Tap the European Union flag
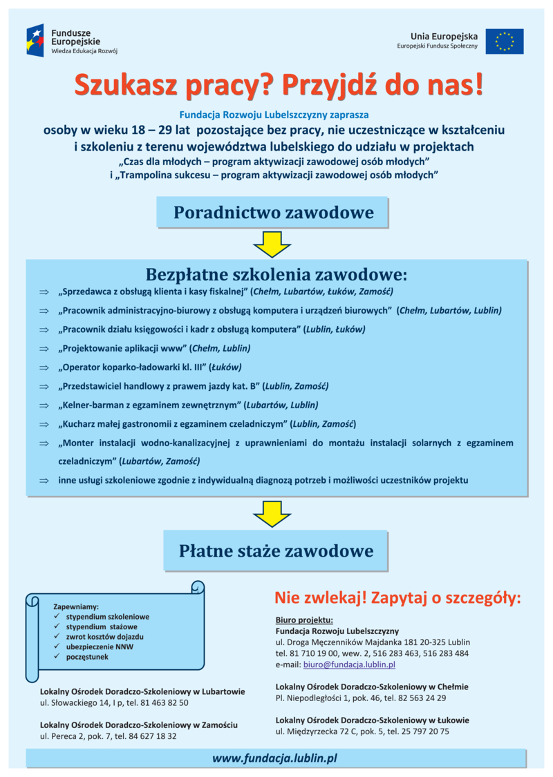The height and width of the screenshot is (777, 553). tap(504, 41)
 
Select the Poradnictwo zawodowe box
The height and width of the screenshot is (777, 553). tap(272, 213)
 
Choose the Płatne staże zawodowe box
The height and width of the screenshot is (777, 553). tap(275, 550)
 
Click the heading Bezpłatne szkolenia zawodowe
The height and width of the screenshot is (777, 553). tap(276, 274)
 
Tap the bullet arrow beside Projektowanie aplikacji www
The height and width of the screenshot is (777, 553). tap(44, 348)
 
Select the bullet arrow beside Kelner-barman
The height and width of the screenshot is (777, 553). tap(44, 405)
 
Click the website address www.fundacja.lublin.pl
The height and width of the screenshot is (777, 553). tap(274, 758)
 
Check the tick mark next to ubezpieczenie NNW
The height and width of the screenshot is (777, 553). tap(57, 646)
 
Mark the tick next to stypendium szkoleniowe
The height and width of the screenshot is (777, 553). tap(57, 616)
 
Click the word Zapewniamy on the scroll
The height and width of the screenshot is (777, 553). tap(76, 606)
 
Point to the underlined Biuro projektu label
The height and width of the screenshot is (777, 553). tap(304, 620)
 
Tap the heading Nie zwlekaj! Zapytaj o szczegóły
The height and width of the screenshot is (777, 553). tap(397, 597)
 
